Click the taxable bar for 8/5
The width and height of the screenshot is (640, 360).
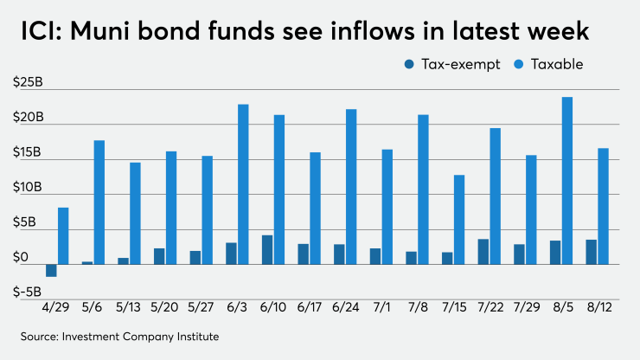tap(567, 181)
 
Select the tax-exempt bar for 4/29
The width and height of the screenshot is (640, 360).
tap(51, 270)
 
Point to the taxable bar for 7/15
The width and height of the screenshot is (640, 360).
tap(459, 220)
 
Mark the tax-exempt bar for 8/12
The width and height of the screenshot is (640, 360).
tap(591, 252)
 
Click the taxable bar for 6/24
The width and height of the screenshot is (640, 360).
tap(351, 187)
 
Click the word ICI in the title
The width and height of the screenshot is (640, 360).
tap(36, 33)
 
